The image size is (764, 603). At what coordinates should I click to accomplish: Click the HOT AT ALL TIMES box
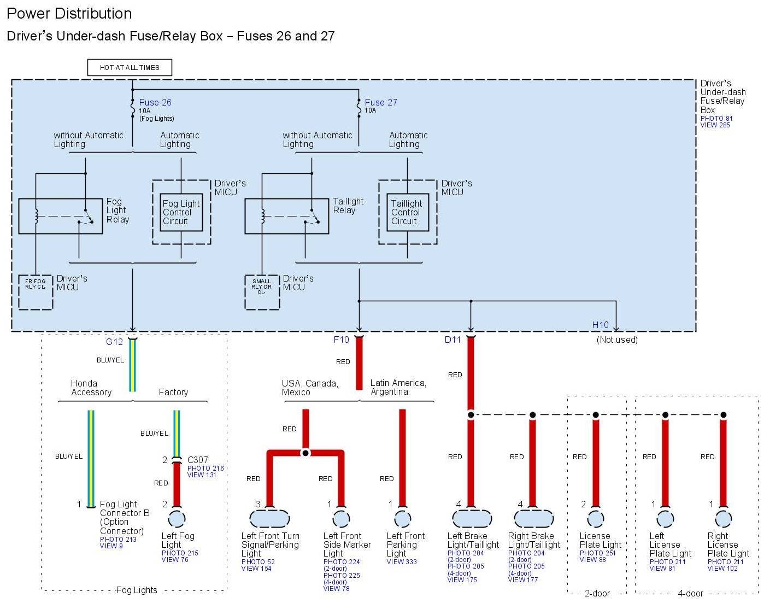[x=130, y=68]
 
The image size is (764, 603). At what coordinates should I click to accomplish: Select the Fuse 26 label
[x=155, y=102]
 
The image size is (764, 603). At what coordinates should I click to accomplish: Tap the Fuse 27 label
[x=381, y=102]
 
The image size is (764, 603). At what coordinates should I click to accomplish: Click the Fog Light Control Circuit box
[x=181, y=212]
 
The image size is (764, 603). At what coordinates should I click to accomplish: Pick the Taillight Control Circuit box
[x=407, y=212]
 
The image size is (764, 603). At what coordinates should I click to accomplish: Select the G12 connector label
[x=114, y=342]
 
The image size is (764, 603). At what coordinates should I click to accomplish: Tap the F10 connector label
[x=341, y=339]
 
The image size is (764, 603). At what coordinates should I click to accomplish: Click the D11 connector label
[x=452, y=339]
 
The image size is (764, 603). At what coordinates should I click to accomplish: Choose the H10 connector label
[x=600, y=325]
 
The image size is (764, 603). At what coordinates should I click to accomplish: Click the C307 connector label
[x=198, y=460]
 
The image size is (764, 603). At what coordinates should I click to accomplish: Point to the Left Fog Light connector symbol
[x=177, y=518]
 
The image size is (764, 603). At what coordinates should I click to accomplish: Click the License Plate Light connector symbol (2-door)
[x=595, y=518]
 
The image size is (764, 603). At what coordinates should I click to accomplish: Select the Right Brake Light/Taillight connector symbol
[x=533, y=518]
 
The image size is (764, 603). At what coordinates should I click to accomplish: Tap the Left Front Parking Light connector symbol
[x=403, y=518]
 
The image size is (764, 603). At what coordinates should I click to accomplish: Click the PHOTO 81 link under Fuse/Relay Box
[x=716, y=119]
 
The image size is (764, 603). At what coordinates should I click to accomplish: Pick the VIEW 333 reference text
[x=402, y=561]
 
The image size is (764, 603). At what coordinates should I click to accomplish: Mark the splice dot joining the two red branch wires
[x=305, y=453]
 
